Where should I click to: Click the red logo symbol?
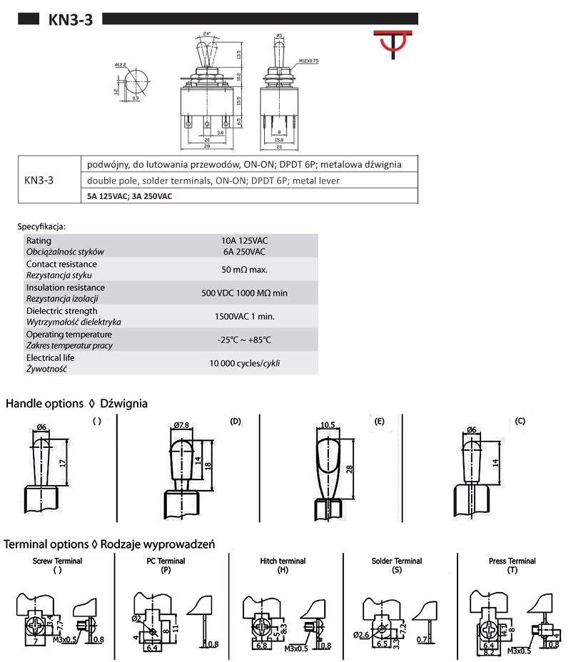click(x=393, y=45)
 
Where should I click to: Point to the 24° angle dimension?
click(x=207, y=34)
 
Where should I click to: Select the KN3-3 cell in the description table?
click(x=39, y=180)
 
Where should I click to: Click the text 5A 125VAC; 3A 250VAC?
click(x=129, y=196)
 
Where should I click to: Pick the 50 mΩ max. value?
click(x=245, y=270)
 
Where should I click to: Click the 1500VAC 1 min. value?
click(x=245, y=316)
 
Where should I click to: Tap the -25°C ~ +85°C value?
click(x=245, y=340)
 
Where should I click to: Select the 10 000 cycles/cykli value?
click(x=245, y=363)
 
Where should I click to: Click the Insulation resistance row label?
click(x=61, y=287)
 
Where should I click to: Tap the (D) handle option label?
click(x=236, y=421)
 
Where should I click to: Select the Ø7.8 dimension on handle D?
click(x=181, y=426)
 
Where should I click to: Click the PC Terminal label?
click(x=166, y=561)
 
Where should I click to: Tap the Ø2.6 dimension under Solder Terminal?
click(x=360, y=634)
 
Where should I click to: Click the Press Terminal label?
click(x=512, y=561)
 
